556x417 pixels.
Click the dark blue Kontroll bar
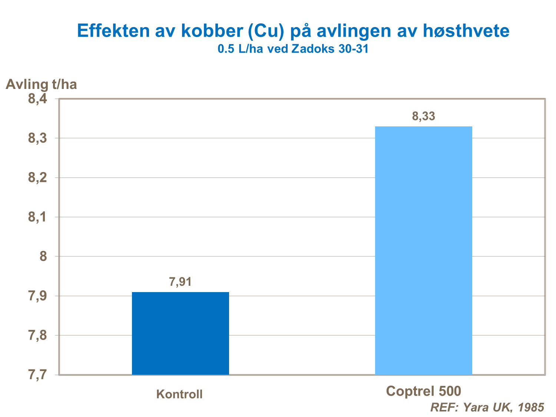coord(180,333)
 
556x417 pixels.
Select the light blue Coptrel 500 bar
coord(423,251)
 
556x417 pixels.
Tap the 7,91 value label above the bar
coord(180,282)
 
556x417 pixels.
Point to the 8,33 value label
coord(423,116)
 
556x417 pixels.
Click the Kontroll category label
coord(179,394)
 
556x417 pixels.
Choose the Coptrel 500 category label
coord(423,391)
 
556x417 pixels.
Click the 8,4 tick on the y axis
coord(38,99)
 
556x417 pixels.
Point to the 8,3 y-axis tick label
coord(38,138)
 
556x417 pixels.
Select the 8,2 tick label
coord(38,178)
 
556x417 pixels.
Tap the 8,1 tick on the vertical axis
coord(38,217)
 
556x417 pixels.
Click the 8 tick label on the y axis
coord(43,257)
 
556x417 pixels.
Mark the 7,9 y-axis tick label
coord(38,296)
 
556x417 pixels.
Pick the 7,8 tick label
coord(38,335)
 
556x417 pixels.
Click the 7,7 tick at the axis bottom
coord(38,375)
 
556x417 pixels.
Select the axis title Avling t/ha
coord(42,85)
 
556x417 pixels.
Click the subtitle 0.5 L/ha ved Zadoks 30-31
coord(293,49)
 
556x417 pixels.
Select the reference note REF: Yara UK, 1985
coord(487,407)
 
